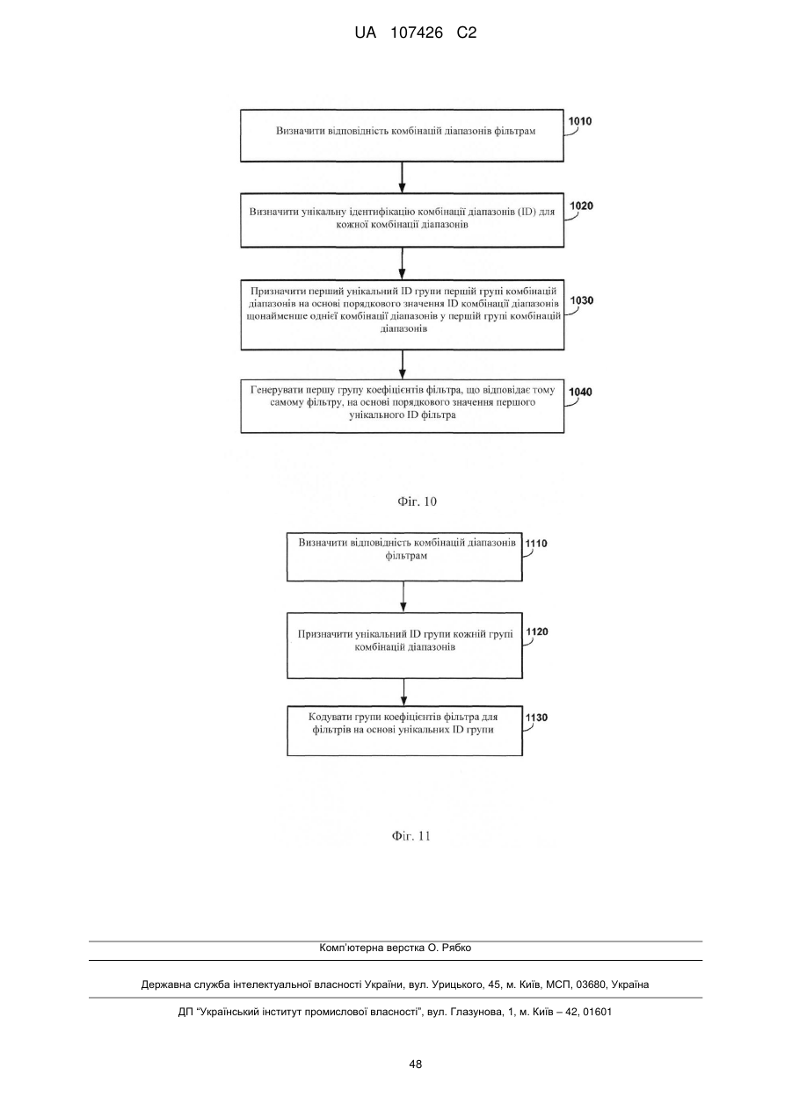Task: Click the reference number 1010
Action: coord(580,121)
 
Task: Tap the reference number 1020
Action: coord(582,206)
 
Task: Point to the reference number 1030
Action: coord(582,300)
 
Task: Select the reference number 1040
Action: coord(581,392)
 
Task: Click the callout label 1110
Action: coord(536,544)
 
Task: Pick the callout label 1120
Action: coord(537,631)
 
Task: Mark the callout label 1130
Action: coord(537,718)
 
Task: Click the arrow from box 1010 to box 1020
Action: coord(403,177)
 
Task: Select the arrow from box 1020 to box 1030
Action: coord(403,263)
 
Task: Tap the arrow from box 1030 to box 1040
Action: coord(403,364)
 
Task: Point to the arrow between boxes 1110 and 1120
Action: coord(403,597)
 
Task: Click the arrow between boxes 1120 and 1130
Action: coord(403,692)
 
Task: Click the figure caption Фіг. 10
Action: coord(418,501)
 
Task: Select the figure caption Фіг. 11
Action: coord(411,836)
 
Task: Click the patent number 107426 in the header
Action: coord(417,33)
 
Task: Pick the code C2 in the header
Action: coord(467,33)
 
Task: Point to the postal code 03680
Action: coord(590,985)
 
